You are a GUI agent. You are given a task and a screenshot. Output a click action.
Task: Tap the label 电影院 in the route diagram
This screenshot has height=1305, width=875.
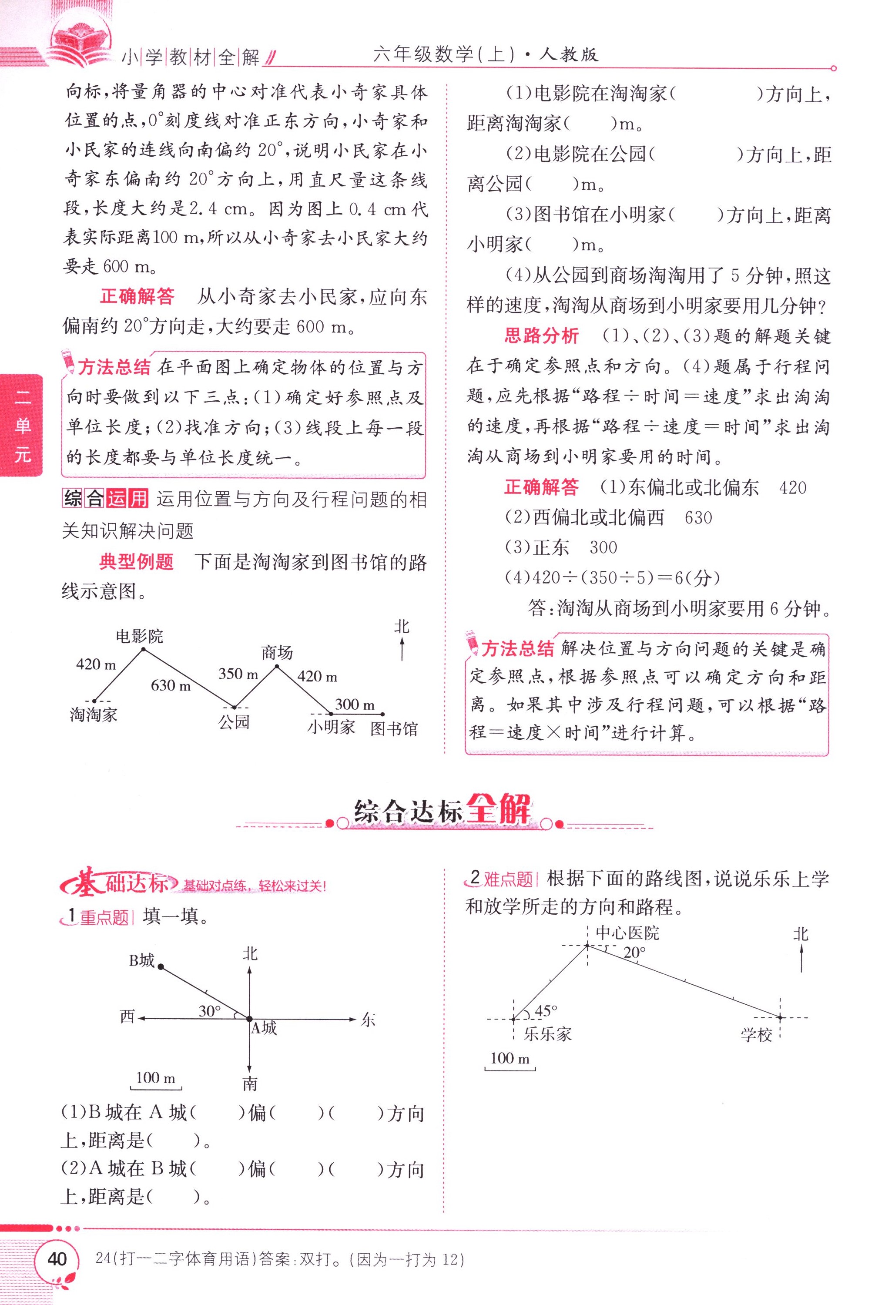[x=140, y=636]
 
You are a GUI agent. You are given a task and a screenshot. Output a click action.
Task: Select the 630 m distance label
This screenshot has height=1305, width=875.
[x=171, y=685]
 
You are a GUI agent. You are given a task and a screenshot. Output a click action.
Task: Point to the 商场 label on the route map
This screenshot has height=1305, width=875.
[x=277, y=652]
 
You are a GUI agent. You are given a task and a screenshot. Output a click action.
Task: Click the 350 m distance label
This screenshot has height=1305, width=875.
[x=238, y=674]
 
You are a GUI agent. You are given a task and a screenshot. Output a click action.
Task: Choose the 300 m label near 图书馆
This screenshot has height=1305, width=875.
[x=355, y=704]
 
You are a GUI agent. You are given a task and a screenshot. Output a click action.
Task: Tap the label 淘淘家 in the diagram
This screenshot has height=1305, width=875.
[x=94, y=715]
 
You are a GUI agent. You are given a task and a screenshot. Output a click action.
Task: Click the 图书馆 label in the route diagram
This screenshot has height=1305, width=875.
[x=394, y=729]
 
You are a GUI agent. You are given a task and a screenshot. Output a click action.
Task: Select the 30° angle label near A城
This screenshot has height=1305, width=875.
[x=210, y=1011]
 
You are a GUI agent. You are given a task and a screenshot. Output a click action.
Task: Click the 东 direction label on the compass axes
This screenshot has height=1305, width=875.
[x=368, y=1020]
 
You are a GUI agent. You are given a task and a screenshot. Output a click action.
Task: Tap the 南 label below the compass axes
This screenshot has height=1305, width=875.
[x=250, y=1084]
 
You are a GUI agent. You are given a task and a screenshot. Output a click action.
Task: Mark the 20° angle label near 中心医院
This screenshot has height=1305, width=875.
[x=634, y=953]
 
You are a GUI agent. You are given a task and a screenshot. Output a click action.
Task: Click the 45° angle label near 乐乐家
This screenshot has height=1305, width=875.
[x=546, y=1010]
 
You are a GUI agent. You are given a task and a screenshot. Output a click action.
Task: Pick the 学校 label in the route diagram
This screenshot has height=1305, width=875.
[x=756, y=1035]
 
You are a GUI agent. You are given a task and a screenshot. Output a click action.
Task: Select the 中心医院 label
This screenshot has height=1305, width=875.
[x=627, y=933]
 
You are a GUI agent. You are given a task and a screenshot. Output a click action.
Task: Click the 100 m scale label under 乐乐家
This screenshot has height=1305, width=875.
[x=510, y=1058]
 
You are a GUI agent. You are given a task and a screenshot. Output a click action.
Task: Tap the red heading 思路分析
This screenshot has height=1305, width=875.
[x=541, y=336]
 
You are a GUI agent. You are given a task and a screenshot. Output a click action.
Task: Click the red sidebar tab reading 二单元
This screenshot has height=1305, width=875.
[x=22, y=426]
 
